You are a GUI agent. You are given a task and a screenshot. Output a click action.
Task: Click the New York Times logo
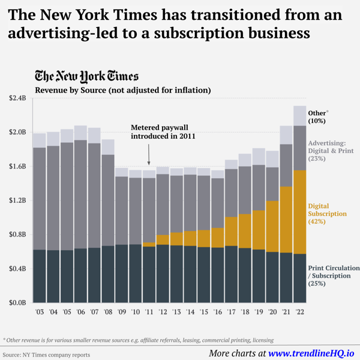point(86,76)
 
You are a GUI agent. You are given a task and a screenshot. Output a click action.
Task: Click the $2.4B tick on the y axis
point(18,98)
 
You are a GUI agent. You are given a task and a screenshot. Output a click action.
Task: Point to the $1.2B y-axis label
point(18,200)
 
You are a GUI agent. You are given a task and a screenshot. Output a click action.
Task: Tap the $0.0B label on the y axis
point(18,303)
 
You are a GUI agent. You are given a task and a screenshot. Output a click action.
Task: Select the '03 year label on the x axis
point(40,313)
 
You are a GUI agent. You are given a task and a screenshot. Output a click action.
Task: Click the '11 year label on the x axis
point(149,313)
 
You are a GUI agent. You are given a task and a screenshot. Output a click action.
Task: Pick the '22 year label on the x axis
point(299,313)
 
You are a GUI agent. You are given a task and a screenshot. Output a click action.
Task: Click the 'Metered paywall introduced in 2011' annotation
point(164,132)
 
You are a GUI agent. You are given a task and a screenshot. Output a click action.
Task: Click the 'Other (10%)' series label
point(318,116)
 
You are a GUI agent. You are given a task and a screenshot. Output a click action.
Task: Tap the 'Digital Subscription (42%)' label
point(327,214)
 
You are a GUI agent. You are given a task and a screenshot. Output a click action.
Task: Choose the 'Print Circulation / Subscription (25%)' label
point(334,275)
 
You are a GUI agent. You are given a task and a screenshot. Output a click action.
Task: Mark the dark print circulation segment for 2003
point(40,276)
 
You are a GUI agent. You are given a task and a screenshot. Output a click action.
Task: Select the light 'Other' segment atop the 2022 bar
point(299,116)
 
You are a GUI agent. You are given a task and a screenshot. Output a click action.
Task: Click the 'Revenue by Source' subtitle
point(122,91)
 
